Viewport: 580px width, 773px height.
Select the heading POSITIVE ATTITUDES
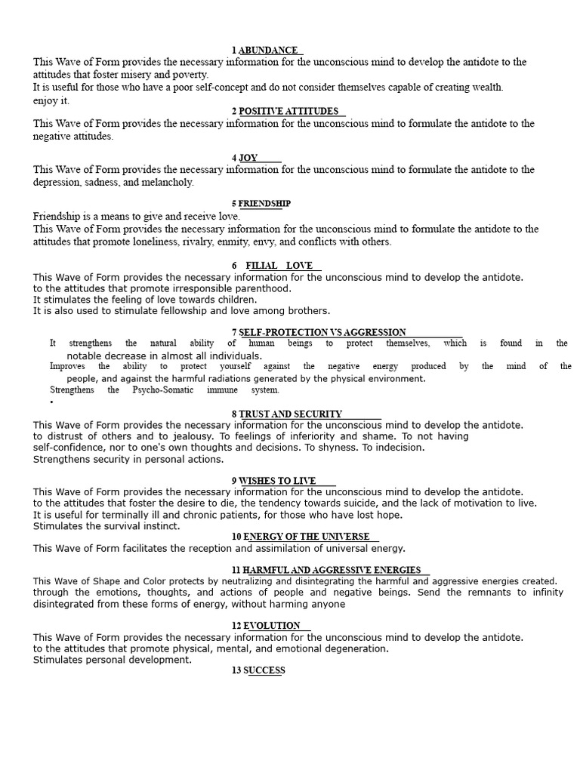pos(288,111)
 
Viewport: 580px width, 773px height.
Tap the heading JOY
pos(248,158)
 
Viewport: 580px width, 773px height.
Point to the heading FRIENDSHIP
pos(264,204)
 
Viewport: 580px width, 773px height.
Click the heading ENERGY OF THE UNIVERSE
pos(307,537)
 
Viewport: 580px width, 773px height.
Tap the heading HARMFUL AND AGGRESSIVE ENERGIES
pos(332,569)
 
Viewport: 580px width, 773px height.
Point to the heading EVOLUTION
pos(272,625)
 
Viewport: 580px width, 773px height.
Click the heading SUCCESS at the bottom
pos(264,670)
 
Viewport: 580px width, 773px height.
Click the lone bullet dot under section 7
pos(51,402)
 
